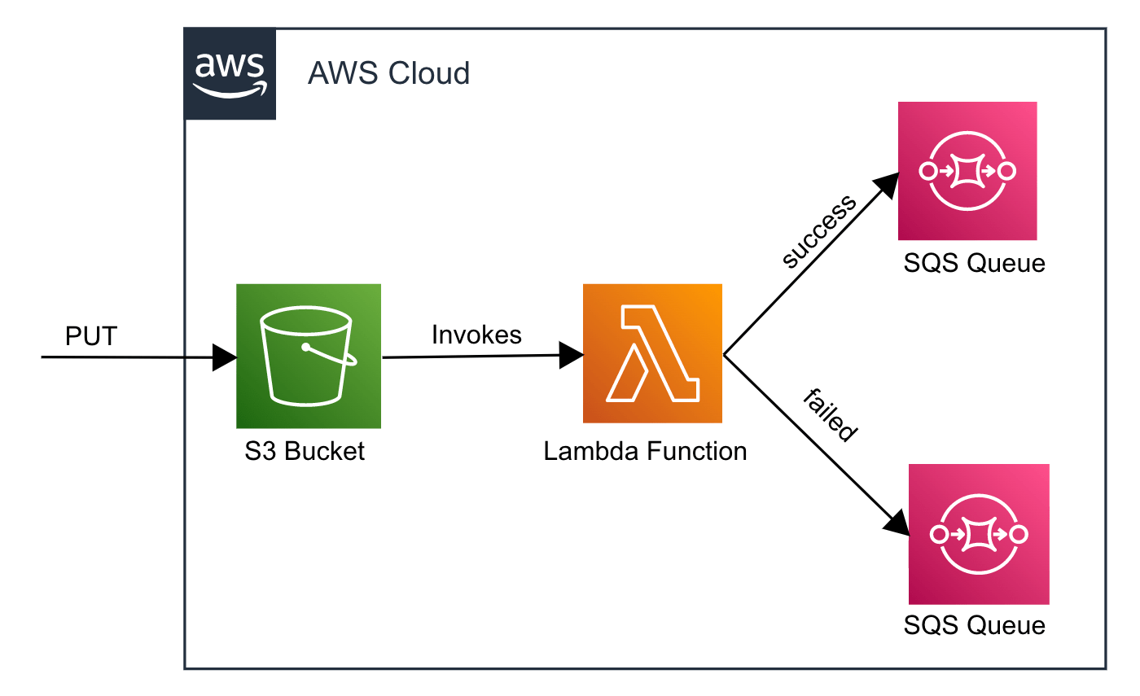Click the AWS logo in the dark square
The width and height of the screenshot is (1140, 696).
[x=230, y=74]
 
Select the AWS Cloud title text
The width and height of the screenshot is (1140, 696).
[x=388, y=74]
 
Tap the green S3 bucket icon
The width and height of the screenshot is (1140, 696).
[x=309, y=356]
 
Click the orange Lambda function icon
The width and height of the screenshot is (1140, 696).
[x=652, y=353]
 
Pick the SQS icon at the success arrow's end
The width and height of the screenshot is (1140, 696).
[x=967, y=171]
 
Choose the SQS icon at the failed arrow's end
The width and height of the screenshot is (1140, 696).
[x=978, y=534]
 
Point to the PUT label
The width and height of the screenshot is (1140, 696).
[x=90, y=336]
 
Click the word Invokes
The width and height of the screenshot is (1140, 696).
[x=476, y=335]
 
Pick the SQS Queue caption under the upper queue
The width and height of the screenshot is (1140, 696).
[x=974, y=264]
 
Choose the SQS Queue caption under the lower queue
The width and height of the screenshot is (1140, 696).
[x=974, y=625]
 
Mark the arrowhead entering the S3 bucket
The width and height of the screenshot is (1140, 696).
[x=225, y=357]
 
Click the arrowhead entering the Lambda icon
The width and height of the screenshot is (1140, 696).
[x=572, y=355]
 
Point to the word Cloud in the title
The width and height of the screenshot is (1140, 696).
[x=429, y=74]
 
